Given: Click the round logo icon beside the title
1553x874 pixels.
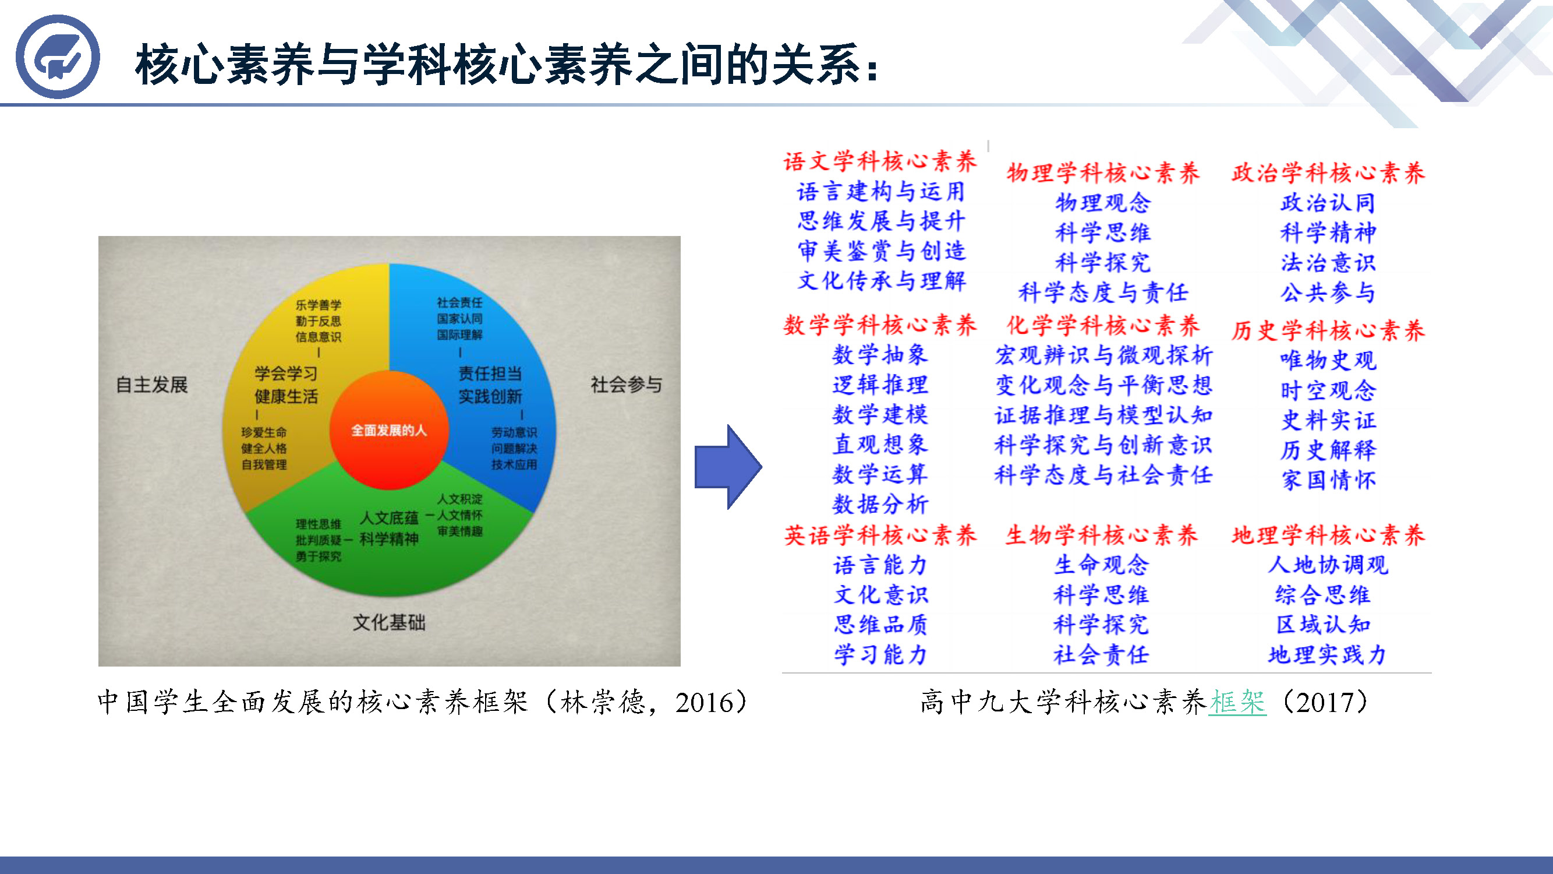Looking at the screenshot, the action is point(57,57).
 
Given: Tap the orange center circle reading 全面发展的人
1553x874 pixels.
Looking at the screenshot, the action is point(389,430).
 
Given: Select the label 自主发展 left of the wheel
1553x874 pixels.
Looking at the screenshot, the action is point(152,384).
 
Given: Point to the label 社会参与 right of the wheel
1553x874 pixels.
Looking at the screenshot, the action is point(627,384).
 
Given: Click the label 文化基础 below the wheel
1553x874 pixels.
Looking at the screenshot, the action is point(389,622).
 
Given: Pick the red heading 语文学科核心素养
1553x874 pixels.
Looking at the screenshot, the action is point(880,161).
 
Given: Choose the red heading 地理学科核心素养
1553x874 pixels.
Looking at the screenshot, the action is point(1328,535).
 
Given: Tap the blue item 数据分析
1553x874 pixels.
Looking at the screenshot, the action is point(880,504).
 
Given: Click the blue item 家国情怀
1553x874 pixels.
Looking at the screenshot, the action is point(1329,480).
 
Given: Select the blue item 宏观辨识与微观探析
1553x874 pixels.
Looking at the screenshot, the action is point(1103,355).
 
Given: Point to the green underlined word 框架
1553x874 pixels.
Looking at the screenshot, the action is point(1237,702).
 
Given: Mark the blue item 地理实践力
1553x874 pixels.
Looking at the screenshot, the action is point(1328,655).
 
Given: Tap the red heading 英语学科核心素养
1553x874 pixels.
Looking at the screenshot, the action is point(880,535).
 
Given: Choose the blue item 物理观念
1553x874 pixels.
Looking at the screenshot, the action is point(1103,203).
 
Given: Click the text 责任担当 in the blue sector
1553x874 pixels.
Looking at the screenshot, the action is point(490,373).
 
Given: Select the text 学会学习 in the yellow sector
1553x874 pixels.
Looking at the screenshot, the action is point(286,373).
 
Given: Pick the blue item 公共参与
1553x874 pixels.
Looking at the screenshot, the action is point(1328,292).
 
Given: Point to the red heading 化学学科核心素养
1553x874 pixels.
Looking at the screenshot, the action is point(1103,326).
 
